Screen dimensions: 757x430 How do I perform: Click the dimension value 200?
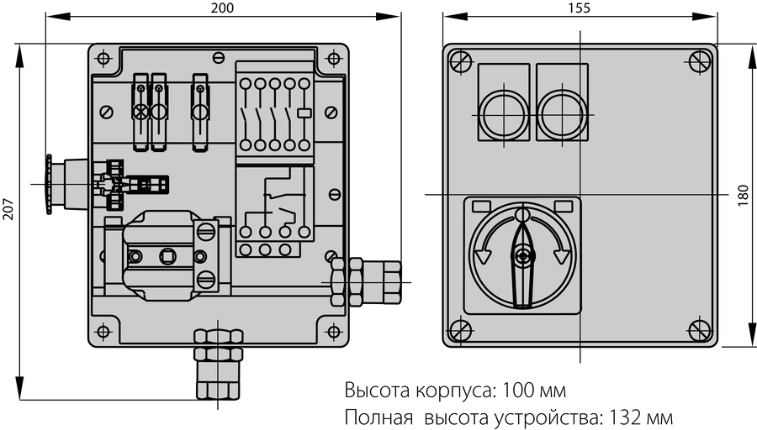[223, 8]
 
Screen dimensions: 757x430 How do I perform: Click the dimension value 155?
[580, 8]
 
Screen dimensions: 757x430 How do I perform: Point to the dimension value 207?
[8, 208]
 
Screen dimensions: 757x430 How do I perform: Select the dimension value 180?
[744, 195]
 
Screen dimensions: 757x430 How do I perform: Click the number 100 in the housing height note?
[518, 390]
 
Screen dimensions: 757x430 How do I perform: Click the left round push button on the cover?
[505, 115]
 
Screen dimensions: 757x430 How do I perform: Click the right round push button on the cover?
[561, 115]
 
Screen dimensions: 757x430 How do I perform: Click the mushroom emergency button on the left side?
[49, 185]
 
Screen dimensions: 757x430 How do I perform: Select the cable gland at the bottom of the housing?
[218, 364]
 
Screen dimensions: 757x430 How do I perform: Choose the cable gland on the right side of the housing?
[366, 282]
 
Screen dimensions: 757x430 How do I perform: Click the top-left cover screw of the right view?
[460, 61]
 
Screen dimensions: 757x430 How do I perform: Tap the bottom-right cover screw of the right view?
[699, 331]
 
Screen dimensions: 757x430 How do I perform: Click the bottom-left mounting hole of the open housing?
[103, 332]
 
